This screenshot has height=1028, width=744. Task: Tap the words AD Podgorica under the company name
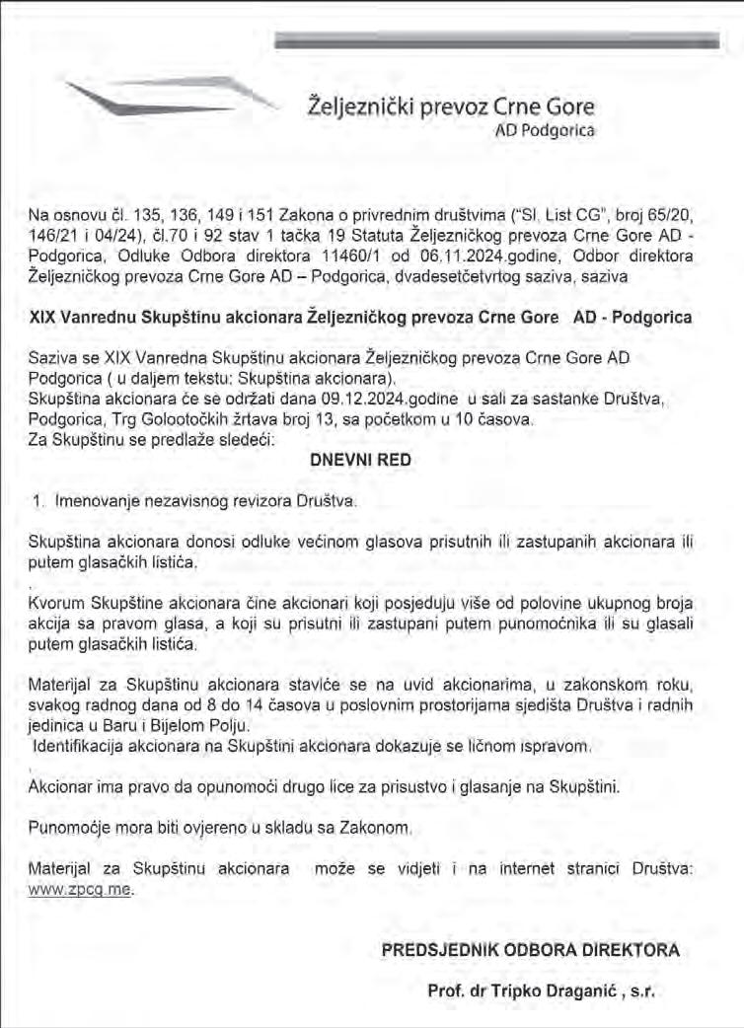point(544,130)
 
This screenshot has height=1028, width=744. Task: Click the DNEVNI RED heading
point(360,461)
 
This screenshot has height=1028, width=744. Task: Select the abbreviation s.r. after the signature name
point(641,990)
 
